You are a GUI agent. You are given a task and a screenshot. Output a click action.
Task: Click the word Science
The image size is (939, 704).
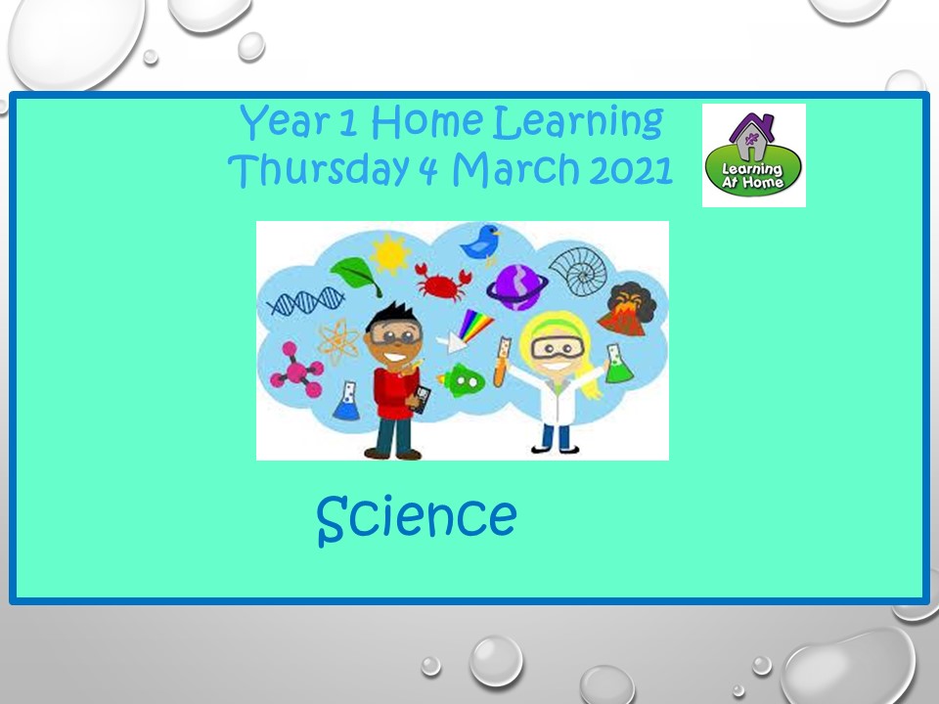417,518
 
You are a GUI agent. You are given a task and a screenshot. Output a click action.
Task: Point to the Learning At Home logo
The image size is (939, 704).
753,155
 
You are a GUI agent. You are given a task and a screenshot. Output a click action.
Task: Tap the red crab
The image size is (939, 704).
442,282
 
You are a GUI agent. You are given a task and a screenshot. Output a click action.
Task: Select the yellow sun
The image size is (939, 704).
390,254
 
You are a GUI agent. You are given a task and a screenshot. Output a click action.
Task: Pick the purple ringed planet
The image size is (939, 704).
516,287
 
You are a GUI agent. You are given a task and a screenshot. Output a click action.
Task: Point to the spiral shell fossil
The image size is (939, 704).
578,271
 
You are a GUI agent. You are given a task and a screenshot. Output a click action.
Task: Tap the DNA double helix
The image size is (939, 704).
306,301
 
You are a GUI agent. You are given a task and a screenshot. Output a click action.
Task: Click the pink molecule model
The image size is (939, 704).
297,371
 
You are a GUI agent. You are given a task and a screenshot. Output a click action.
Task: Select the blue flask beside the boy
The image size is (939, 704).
346,401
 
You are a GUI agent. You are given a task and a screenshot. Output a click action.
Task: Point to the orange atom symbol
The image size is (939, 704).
338,341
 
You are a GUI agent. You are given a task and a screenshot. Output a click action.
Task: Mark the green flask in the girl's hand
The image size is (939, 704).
618,364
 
